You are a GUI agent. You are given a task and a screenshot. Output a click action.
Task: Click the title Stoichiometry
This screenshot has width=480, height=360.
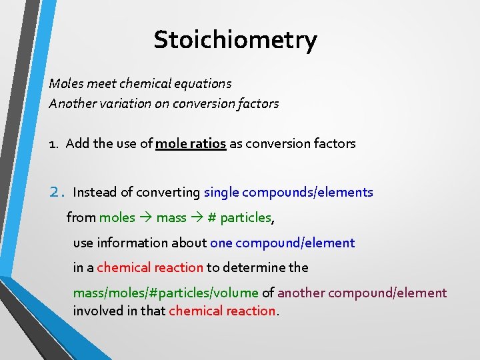tap(235, 40)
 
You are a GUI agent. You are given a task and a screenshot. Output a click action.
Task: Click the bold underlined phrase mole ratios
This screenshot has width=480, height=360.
tap(191, 143)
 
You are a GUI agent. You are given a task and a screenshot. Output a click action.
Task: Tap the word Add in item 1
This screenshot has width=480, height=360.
tap(77, 143)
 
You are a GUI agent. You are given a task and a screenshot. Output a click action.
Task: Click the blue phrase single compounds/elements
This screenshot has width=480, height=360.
tap(289, 193)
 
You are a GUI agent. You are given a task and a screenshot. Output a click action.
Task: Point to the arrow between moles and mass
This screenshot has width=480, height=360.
tap(146, 217)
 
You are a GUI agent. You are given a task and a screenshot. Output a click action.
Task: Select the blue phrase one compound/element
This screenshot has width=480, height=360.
tap(283, 243)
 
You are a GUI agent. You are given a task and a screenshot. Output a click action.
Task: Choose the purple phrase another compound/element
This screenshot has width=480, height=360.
tap(363, 293)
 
